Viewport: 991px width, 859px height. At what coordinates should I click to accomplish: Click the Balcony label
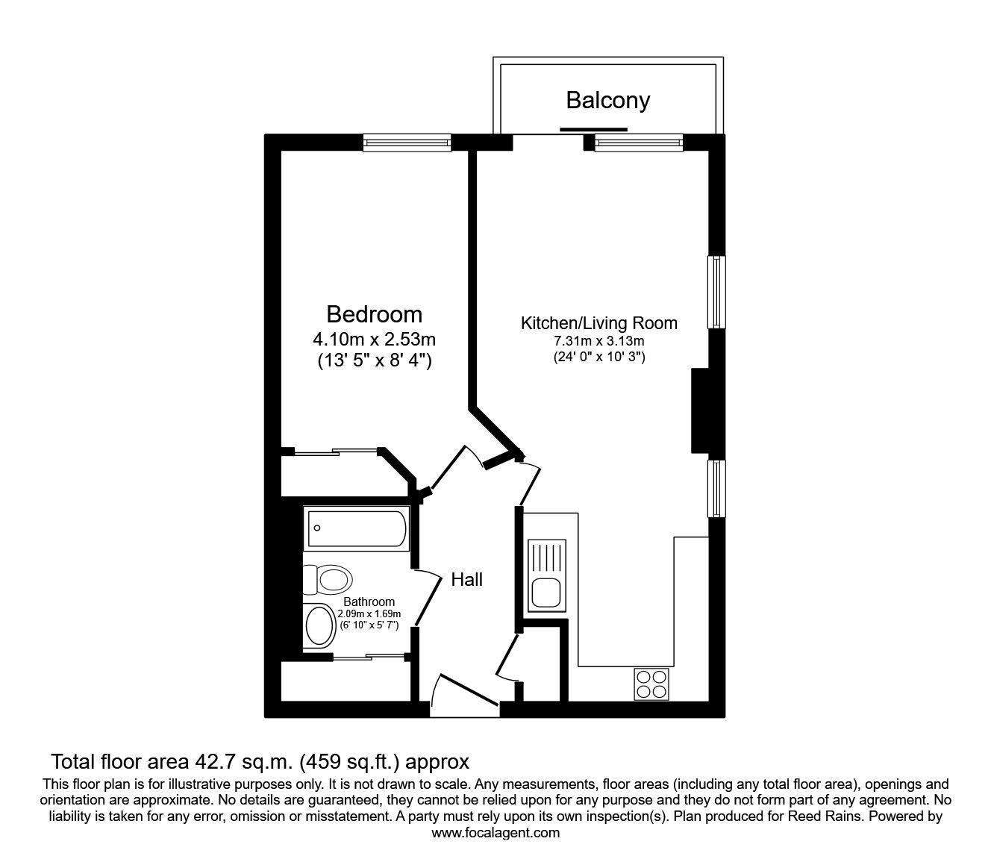(x=607, y=100)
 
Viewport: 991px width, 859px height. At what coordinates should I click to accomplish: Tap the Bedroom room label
(x=374, y=314)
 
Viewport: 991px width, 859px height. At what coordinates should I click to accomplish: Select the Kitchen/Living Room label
(x=598, y=323)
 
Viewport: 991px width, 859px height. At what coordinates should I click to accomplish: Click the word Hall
(x=466, y=579)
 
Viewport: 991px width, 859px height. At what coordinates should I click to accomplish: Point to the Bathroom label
(x=369, y=602)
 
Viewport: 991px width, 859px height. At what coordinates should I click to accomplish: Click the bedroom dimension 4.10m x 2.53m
(x=374, y=340)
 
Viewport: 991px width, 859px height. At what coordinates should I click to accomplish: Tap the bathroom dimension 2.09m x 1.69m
(x=369, y=613)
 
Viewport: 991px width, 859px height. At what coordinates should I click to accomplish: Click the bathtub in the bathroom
(x=356, y=528)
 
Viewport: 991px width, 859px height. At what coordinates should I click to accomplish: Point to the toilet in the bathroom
(x=328, y=578)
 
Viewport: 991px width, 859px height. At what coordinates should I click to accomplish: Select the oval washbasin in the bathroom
(x=322, y=625)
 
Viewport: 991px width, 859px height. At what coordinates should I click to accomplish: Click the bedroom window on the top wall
(x=407, y=143)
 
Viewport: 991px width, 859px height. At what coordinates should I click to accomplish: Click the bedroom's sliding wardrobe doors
(x=336, y=451)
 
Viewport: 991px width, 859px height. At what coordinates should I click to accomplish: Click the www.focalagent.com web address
(x=495, y=833)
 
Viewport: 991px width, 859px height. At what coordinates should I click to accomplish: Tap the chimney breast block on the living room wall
(x=699, y=410)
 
